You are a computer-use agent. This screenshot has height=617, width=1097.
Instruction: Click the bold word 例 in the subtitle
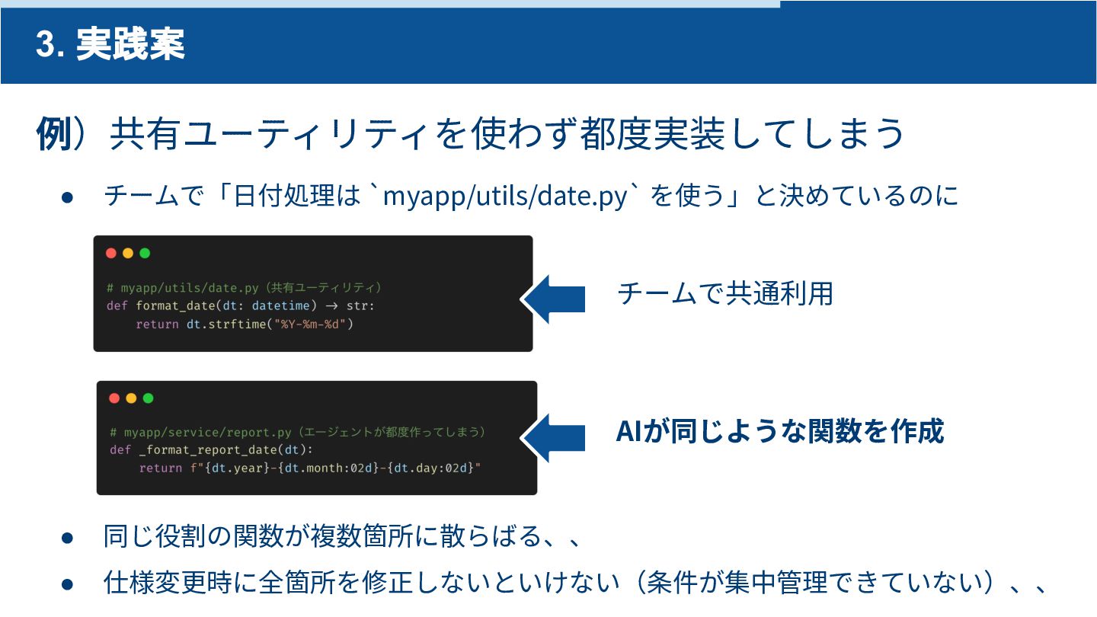pyautogui.click(x=53, y=135)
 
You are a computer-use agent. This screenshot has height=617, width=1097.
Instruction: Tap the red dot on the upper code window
pyautogui.click(x=111, y=254)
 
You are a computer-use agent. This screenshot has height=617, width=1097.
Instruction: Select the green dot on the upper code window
pyautogui.click(x=145, y=254)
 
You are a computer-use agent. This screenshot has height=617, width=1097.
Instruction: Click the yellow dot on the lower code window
pyautogui.click(x=131, y=398)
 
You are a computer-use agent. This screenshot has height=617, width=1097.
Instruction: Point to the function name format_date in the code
pyautogui.click(x=174, y=306)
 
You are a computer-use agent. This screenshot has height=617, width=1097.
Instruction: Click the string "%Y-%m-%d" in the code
pyautogui.click(x=313, y=324)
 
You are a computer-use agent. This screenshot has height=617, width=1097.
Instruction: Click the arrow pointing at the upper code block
pyautogui.click(x=554, y=299)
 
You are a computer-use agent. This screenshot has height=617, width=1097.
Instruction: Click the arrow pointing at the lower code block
pyautogui.click(x=555, y=437)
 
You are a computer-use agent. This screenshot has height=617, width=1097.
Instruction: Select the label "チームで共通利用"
pyautogui.click(x=724, y=294)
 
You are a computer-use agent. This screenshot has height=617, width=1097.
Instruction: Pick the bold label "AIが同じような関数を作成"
pyautogui.click(x=779, y=431)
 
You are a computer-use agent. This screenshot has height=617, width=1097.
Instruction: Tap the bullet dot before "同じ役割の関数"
pyautogui.click(x=67, y=538)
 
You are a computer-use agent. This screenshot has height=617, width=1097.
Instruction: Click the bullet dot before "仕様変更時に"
pyautogui.click(x=67, y=584)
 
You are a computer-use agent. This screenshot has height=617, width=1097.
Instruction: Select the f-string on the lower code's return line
pyautogui.click(x=335, y=468)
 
